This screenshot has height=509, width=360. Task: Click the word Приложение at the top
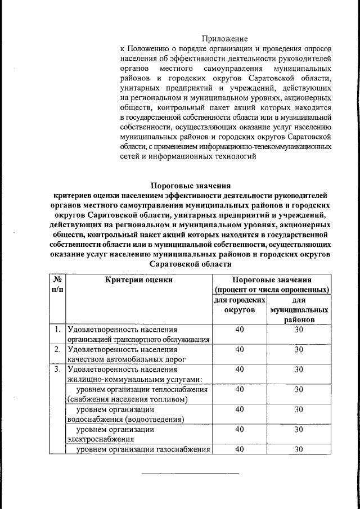[228, 39]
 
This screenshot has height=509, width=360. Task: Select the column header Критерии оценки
[138, 280]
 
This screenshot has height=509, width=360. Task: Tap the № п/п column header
[57, 284]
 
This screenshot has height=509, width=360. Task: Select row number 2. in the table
[57, 349]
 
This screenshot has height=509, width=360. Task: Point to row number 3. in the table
[57, 370]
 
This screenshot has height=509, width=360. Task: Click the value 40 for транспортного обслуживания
[240, 330]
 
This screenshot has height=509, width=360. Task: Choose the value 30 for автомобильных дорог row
[299, 349]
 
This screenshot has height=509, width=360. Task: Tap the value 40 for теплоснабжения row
[240, 389]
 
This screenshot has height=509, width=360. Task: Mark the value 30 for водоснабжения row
[299, 409]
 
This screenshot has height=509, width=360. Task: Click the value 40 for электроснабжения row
[240, 429]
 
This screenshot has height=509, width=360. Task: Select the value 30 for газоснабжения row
[299, 449]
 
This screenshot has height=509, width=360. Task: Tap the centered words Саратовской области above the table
[191, 264]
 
